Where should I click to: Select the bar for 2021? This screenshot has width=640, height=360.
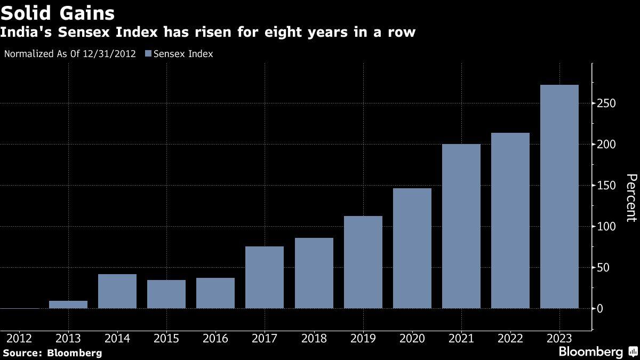461,226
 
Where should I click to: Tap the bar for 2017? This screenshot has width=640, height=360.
265,277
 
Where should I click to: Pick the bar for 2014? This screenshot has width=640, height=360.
117,291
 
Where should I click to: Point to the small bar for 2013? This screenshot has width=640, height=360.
68,305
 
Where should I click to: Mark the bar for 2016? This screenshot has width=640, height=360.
215,293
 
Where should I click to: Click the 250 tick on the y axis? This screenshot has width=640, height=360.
607,103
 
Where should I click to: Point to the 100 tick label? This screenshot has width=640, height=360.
607,227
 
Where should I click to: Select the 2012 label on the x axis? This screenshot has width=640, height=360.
19,339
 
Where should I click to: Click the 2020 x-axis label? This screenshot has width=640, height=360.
412,339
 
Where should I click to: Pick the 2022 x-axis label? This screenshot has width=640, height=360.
510,339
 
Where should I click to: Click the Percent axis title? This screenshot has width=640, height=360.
631,197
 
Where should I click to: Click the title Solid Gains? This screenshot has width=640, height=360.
58,12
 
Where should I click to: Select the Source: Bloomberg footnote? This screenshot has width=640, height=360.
52,353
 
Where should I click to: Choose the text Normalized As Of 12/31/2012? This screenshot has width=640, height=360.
70,54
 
